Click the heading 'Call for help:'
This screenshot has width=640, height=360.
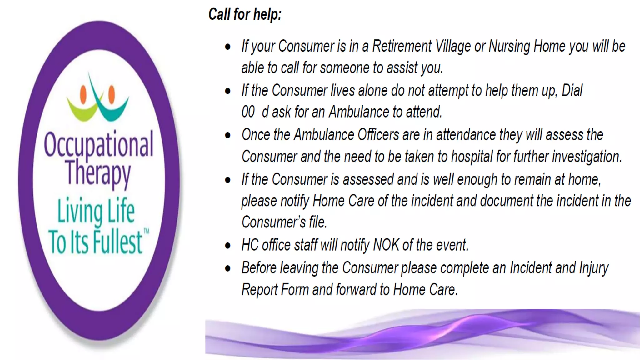pos(245,15)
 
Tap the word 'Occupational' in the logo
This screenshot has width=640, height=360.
pos(98,144)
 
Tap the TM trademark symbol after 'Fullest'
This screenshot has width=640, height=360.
pos(146,231)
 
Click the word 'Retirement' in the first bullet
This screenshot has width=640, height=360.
pos(402,46)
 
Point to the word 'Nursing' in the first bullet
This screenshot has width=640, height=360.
pos(509,47)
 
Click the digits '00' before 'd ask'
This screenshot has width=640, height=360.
pos(248,112)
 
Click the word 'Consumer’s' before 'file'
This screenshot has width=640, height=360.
pos(273,222)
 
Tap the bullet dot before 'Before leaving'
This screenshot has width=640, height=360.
pos(228,268)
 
